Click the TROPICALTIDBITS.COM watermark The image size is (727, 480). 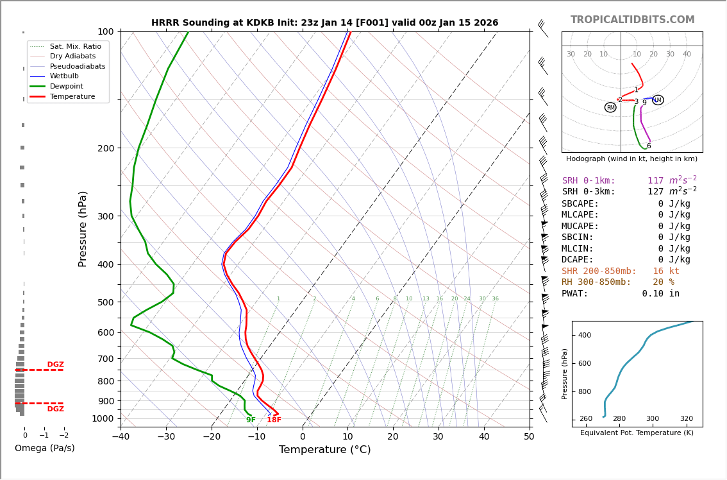(632, 20)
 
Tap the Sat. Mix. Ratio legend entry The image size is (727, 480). (75, 47)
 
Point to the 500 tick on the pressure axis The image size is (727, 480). (105, 302)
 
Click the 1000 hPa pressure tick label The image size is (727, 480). (103, 418)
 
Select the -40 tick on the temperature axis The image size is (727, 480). (121, 437)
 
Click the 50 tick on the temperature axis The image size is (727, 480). (529, 437)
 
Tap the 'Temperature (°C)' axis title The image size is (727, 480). (324, 450)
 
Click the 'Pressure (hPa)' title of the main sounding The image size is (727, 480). (83, 228)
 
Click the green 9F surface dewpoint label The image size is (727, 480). (251, 420)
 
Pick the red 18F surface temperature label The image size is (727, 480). (274, 420)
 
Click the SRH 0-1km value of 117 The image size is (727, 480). (655, 181)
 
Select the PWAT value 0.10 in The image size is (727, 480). (660, 294)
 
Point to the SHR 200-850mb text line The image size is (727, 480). (620, 271)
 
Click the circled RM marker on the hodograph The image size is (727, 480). (610, 108)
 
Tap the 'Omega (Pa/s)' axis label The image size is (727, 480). (44, 449)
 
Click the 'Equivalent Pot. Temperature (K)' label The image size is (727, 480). (637, 433)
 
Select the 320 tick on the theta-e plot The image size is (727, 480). (686, 419)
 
